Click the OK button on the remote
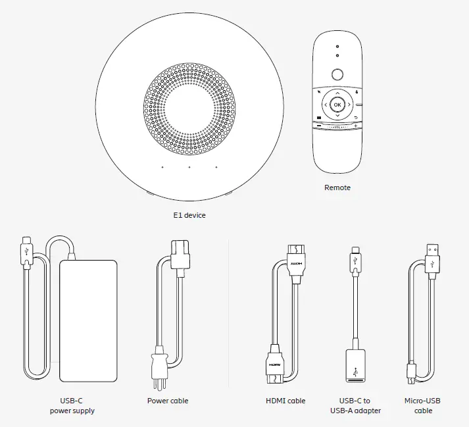pos(337,105)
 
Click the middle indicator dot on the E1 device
pos(189,167)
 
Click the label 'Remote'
pos(337,188)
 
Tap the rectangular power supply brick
pos(88,320)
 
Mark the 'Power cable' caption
pos(168,401)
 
